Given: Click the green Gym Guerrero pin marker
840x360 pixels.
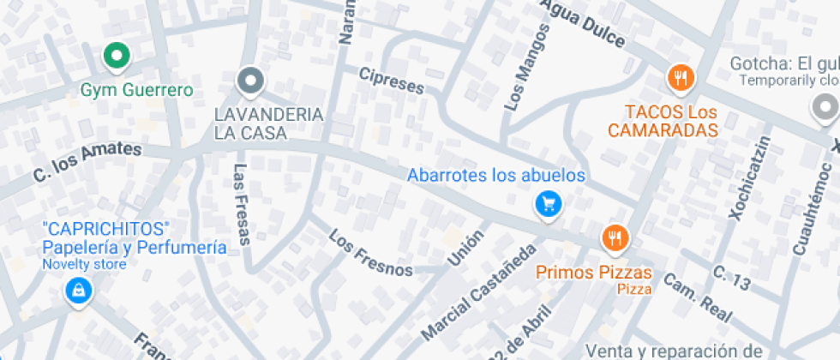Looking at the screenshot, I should pyautogui.click(x=116, y=57).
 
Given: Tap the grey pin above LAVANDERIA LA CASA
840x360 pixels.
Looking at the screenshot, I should pyautogui.click(x=250, y=81).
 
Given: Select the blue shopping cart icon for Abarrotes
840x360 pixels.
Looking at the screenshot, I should pyautogui.click(x=548, y=204).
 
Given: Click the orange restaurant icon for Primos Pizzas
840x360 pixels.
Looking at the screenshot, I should pyautogui.click(x=615, y=237).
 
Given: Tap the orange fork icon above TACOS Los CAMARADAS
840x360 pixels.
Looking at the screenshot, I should pyautogui.click(x=681, y=79).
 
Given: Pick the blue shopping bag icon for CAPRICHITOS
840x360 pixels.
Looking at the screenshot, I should pyautogui.click(x=78, y=291).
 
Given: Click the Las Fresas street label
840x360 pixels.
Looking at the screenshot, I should pyautogui.click(x=241, y=204).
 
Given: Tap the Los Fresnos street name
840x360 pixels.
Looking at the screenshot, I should pyautogui.click(x=370, y=254).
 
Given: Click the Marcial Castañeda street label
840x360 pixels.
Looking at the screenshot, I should pyautogui.click(x=480, y=291).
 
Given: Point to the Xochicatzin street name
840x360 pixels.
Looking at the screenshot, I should pyautogui.click(x=750, y=177).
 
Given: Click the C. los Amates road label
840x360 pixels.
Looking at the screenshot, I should pyautogui.click(x=87, y=161).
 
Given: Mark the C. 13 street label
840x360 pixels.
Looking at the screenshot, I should pyautogui.click(x=732, y=279).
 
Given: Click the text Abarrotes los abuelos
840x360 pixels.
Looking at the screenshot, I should pyautogui.click(x=495, y=176).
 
